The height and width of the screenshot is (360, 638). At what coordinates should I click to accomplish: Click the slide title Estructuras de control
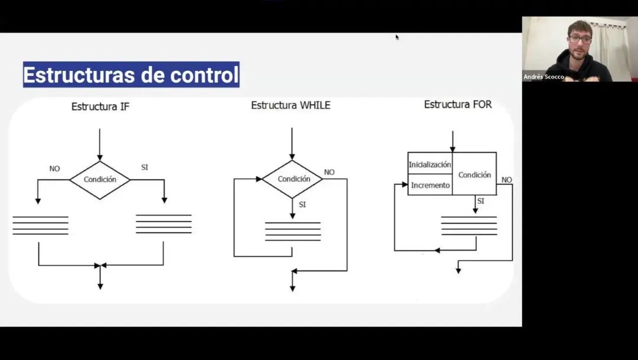[x=131, y=74]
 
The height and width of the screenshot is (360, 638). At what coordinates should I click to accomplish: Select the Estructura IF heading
[x=100, y=106]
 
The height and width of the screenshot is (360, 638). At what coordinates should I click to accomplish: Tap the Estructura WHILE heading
[x=291, y=105]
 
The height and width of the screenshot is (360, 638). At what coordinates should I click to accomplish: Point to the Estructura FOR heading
[x=458, y=105]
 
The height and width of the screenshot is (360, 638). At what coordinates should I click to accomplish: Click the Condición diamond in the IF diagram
[x=100, y=180]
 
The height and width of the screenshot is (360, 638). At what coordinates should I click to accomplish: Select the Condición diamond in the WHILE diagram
[x=292, y=179]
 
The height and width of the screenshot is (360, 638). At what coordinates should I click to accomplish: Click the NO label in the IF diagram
[x=54, y=168]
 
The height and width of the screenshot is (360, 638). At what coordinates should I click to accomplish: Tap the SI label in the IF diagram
[x=145, y=167]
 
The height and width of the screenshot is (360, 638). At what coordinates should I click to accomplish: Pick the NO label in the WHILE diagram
[x=329, y=172]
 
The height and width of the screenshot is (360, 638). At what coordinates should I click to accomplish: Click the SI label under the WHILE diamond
[x=302, y=205]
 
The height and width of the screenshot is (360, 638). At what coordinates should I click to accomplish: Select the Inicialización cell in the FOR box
[x=430, y=164]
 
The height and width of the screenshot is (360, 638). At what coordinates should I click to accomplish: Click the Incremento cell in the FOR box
[x=430, y=185]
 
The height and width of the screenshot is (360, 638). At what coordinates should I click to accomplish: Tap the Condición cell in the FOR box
[x=474, y=174]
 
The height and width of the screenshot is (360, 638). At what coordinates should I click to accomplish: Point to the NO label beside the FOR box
[x=507, y=180]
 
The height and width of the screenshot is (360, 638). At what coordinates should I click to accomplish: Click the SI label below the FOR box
[x=480, y=201]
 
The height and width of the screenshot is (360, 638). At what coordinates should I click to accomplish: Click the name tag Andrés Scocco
[x=543, y=77]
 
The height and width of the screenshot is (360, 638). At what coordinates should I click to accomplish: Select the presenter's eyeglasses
[x=580, y=40]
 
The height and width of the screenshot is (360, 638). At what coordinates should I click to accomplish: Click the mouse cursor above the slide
[x=397, y=37]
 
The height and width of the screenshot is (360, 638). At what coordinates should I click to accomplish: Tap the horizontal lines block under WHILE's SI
[x=293, y=231]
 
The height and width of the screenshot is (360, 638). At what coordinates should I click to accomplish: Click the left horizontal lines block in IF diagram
[x=40, y=225]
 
